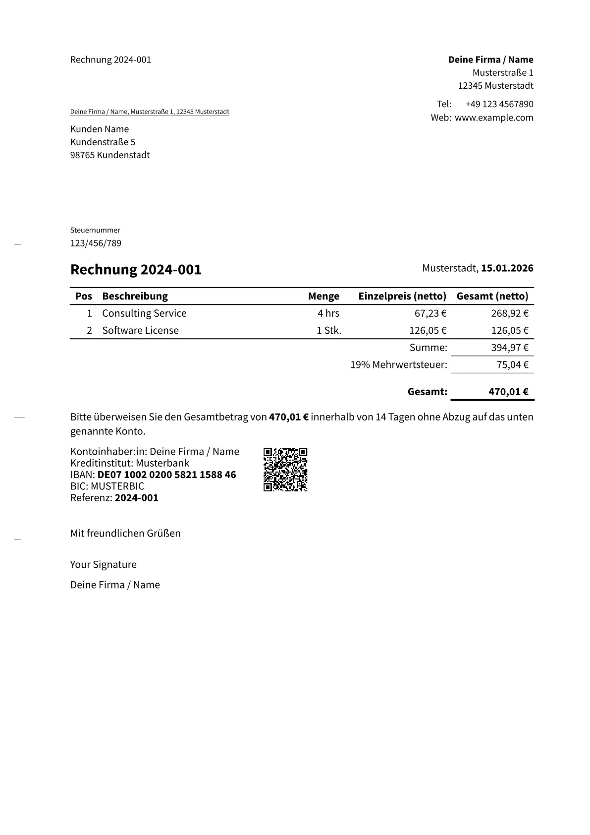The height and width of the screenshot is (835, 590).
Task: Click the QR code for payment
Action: [x=285, y=469]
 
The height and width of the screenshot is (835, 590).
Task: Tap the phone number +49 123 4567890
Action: [x=499, y=104]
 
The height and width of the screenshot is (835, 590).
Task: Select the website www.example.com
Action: [x=494, y=118]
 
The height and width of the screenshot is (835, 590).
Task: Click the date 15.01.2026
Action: [x=507, y=268]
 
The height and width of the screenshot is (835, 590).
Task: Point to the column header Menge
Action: [x=323, y=296]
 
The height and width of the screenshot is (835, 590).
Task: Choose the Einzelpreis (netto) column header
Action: [x=402, y=296]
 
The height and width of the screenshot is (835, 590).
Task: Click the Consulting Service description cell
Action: [x=144, y=313]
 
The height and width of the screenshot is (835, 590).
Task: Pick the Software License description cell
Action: [x=140, y=330]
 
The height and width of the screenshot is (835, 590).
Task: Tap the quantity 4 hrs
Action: [x=328, y=313]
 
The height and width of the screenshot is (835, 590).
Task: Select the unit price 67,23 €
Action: [x=430, y=313]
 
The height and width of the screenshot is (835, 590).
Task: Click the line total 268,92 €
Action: [x=510, y=313]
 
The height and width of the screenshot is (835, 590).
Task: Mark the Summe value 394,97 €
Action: [x=510, y=348]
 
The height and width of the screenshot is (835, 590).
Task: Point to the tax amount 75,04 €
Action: [x=512, y=365]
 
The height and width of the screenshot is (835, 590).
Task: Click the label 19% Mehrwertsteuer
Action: [x=398, y=365]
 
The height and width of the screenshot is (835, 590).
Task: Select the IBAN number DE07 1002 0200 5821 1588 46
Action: [x=166, y=475]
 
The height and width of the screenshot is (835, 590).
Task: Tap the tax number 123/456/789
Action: [x=96, y=243]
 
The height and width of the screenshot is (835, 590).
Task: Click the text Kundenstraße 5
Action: [x=103, y=142]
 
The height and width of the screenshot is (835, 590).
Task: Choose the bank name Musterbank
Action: [x=162, y=463]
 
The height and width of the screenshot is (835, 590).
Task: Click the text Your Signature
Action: [x=103, y=564]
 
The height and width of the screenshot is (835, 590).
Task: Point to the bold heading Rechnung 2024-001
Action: [x=136, y=269]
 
